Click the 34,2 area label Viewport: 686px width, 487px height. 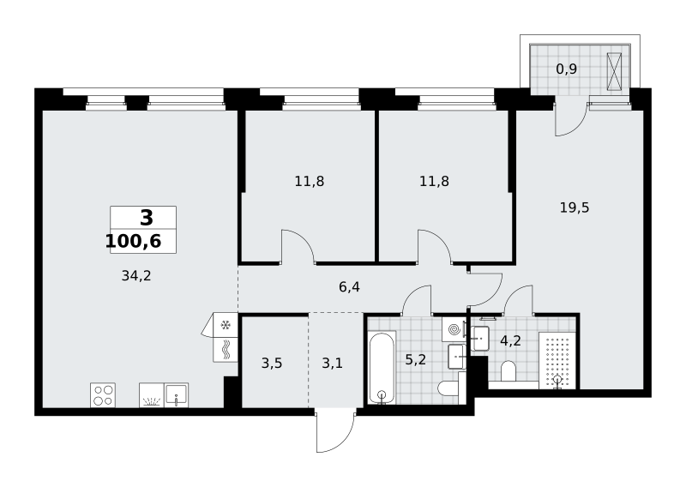point(136,276)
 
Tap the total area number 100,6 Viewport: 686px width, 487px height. point(134,241)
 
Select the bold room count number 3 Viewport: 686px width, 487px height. point(147,218)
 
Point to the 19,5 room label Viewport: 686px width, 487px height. point(575,207)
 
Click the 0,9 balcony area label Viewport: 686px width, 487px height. point(566,69)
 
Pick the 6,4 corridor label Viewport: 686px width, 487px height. point(349,287)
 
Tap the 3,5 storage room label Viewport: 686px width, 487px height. point(272,364)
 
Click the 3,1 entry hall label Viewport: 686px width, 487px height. point(332,364)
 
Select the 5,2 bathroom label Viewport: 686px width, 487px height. point(415,359)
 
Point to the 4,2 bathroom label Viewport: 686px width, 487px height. point(510,340)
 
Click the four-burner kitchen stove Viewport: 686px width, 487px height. point(103,395)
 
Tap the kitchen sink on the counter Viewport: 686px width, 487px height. point(177,395)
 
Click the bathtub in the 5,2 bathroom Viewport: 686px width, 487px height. point(382,368)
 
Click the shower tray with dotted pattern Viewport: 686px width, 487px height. point(556,360)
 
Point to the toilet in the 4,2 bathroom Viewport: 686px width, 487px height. point(508,371)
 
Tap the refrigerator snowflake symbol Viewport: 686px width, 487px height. point(226,325)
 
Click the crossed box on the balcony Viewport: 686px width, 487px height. point(614,72)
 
